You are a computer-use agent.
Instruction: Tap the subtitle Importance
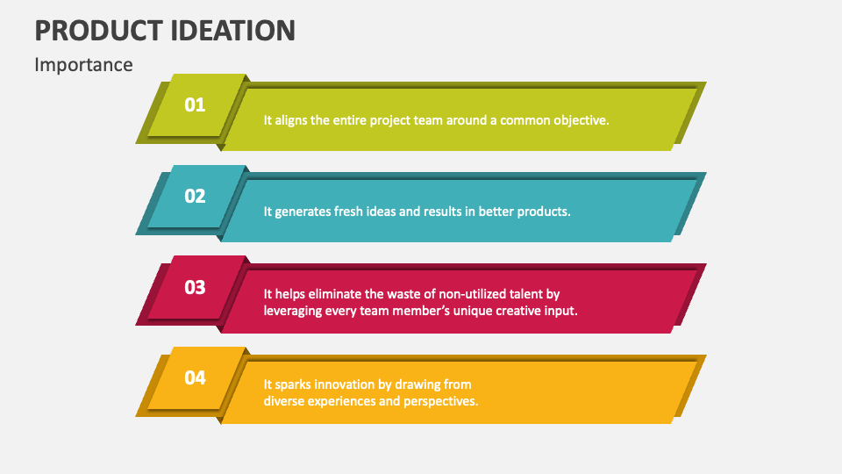click(x=84, y=65)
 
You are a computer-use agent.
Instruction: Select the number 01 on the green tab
click(x=195, y=104)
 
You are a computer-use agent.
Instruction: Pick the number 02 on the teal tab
click(x=195, y=196)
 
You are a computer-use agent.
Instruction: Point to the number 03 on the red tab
click(x=195, y=288)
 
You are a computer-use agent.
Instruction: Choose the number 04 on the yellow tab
click(x=195, y=377)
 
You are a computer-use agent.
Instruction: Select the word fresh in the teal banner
click(x=348, y=212)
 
